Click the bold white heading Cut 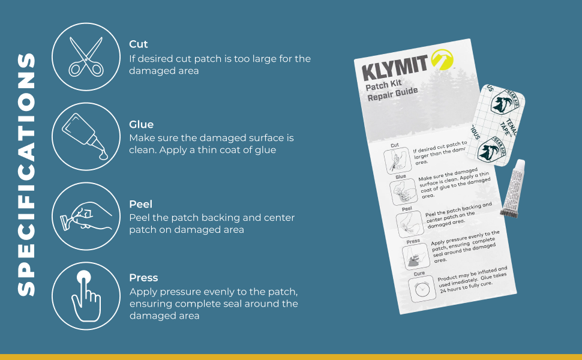click(x=138, y=44)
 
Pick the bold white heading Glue click(x=141, y=124)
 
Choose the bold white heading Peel click(x=140, y=204)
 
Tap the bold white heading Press click(x=143, y=278)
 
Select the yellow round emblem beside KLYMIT click(x=442, y=59)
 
